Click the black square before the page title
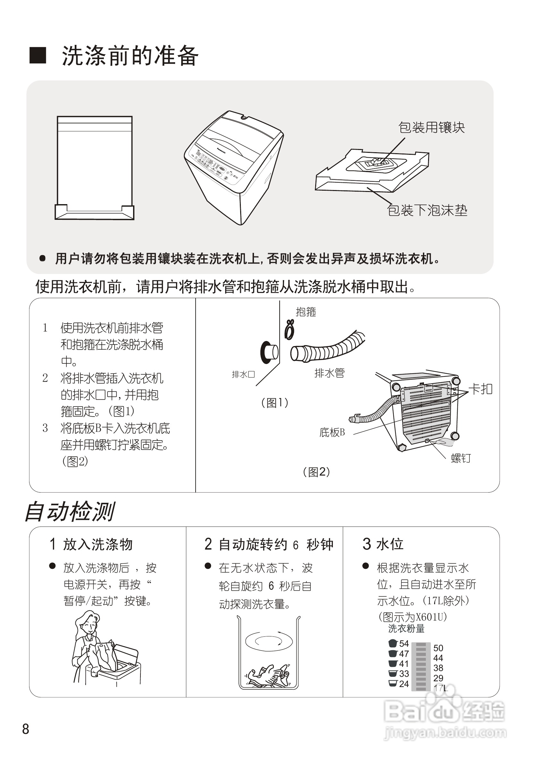coord(38,55)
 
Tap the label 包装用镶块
coord(431,128)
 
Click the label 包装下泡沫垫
coord(427,210)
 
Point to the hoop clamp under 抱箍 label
coord(290,330)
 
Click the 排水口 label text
coord(243,375)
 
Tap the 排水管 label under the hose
coord(330,373)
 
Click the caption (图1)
coord(275,403)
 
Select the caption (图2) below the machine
coord(316,472)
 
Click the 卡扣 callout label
coord(480,389)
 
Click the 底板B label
coord(332,432)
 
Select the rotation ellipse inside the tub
coord(269,641)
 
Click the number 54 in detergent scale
coord(404,644)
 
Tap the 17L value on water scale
coord(441,688)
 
